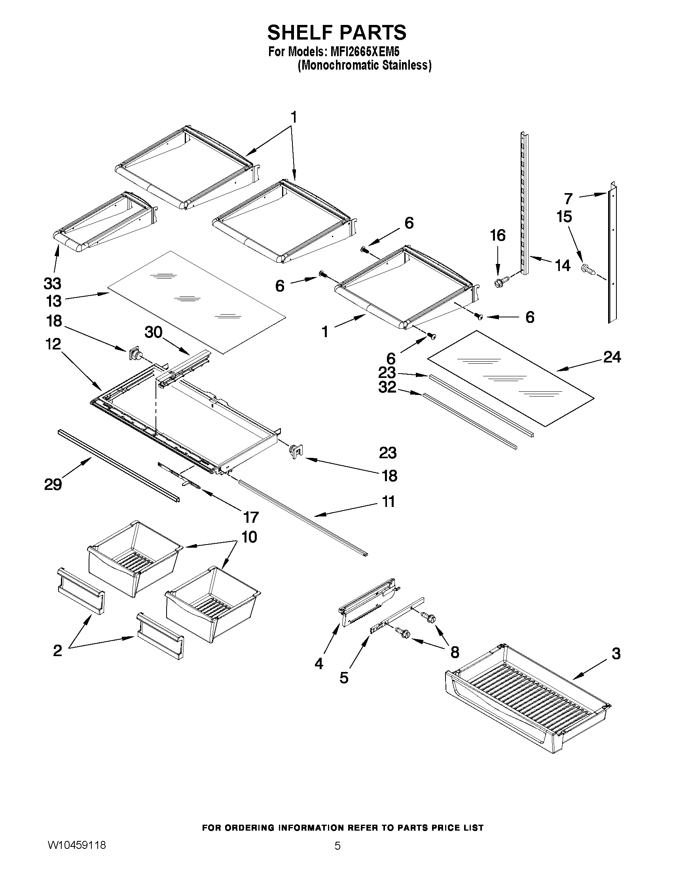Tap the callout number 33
point(52,284)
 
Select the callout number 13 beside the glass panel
point(53,301)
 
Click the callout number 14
point(563,265)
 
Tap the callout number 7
point(569,198)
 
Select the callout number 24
point(612,357)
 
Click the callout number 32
point(387,387)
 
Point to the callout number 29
point(53,484)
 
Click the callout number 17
point(251,517)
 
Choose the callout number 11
point(389,501)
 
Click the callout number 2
point(57,651)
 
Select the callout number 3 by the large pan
point(616,654)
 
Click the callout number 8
point(455,652)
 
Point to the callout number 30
point(154,332)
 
